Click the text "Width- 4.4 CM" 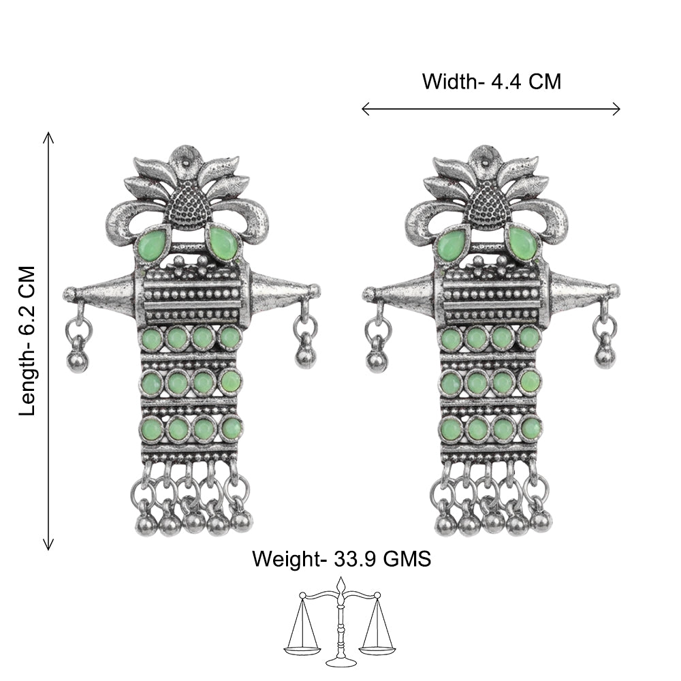coord(492,82)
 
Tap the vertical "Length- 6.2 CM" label coord(27,341)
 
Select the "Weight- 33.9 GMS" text coord(341,558)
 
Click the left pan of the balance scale coord(302,650)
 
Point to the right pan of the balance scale coord(377,650)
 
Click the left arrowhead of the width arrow coord(366,109)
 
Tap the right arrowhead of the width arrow coord(616,109)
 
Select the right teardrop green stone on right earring coord(522,242)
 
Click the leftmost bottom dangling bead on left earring coord(146,524)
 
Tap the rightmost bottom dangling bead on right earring coord(541,521)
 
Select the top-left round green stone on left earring coord(152,338)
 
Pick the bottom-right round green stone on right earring coord(530,428)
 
